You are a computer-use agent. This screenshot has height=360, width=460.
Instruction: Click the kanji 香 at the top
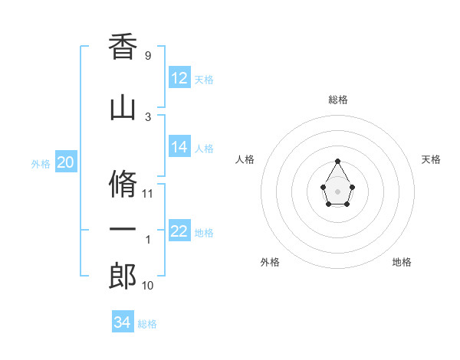(x=123, y=47)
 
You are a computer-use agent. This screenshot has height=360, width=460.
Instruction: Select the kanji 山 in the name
(x=123, y=109)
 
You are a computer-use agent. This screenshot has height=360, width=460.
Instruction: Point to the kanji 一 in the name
(x=123, y=231)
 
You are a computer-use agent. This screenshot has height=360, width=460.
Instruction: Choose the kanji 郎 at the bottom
(x=123, y=277)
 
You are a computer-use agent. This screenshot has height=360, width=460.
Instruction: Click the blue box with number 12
(x=179, y=77)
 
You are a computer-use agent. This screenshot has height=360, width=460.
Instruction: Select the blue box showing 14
(x=179, y=146)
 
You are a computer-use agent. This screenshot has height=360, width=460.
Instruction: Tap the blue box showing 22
(x=179, y=231)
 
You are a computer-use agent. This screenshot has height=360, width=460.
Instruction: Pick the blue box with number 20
(x=66, y=162)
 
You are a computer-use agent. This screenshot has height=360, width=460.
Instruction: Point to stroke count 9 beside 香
(x=147, y=56)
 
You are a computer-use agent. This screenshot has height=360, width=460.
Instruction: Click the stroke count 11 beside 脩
(x=148, y=193)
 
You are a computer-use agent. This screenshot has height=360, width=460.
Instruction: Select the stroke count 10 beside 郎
(x=148, y=286)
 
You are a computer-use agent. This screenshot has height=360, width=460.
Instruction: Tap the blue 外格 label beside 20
(x=41, y=163)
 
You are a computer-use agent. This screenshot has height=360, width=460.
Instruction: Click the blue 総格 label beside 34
(x=147, y=324)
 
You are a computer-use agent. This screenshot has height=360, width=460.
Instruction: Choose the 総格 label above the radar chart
(x=338, y=100)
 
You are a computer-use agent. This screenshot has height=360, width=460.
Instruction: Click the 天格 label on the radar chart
(x=431, y=159)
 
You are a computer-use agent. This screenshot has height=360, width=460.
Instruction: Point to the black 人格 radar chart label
(x=245, y=159)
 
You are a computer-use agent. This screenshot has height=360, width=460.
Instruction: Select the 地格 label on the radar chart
(x=402, y=262)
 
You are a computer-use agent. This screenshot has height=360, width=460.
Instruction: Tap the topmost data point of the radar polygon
(x=338, y=161)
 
